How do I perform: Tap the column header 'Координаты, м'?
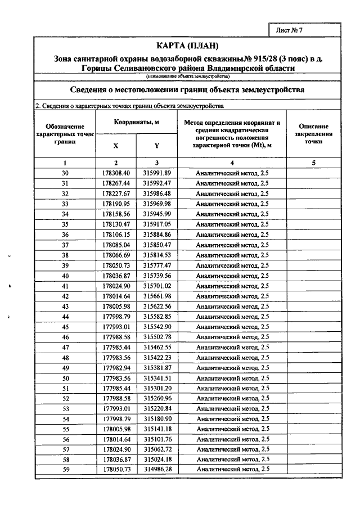(x=137, y=122)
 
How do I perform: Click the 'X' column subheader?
(x=116, y=145)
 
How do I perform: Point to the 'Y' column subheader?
(x=156, y=145)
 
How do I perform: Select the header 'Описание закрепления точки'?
(x=313, y=134)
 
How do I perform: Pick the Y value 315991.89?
(x=156, y=173)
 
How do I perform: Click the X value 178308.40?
(x=116, y=173)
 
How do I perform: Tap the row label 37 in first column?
(x=65, y=245)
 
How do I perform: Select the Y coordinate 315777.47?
(x=156, y=265)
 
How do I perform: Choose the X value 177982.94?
(x=116, y=367)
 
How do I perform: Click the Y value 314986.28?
(x=156, y=469)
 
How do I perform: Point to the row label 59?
(x=65, y=469)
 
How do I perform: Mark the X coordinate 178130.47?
(x=116, y=224)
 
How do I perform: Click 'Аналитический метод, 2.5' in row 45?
(x=232, y=326)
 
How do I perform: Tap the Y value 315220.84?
(x=156, y=408)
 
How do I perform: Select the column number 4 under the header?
(x=232, y=162)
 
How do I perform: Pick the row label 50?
(x=65, y=377)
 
